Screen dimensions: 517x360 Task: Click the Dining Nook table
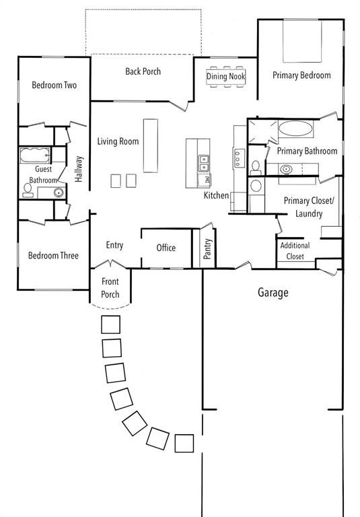click(227, 75)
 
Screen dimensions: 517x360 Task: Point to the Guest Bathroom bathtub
click(34, 156)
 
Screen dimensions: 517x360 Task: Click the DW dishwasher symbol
click(206, 180)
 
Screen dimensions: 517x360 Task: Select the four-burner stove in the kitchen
click(238, 158)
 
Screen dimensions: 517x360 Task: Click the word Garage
click(273, 293)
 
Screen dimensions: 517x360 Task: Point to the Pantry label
click(208, 249)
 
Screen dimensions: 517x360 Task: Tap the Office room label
click(166, 248)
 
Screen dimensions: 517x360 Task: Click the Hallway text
click(79, 169)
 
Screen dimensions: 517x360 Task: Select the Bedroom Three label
click(52, 256)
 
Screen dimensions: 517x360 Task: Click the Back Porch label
click(143, 71)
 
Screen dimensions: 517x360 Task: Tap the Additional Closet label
click(295, 251)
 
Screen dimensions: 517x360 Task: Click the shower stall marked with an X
click(260, 133)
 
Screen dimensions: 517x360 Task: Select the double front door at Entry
click(110, 264)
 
